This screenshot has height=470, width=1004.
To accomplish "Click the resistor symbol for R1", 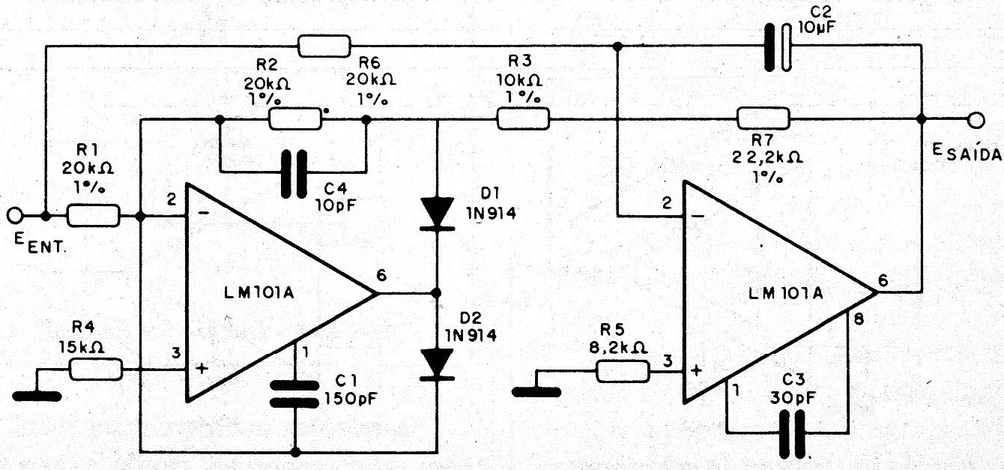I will (93, 217).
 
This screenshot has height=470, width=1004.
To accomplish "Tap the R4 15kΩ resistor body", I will (96, 369).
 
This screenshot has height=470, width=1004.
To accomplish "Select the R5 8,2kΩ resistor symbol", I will (623, 370).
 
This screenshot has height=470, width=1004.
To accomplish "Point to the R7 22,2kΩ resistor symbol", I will (763, 118).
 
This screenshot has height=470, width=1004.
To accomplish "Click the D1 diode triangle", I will (438, 211).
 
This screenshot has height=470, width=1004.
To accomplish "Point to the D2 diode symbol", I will (438, 363).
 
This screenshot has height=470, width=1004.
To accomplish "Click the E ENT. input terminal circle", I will (14, 217).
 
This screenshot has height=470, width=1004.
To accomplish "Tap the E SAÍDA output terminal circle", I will (975, 119).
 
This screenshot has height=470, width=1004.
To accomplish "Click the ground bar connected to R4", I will (37, 392).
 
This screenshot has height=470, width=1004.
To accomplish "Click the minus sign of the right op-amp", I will (698, 217).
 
